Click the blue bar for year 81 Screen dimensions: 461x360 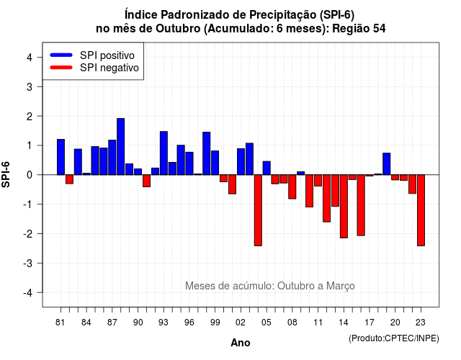tap(61, 157)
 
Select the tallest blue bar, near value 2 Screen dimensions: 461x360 tap(121, 147)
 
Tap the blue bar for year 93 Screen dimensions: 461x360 tap(164, 153)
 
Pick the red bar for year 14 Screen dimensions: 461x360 tap(344, 207)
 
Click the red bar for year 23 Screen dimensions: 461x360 tap(421, 210)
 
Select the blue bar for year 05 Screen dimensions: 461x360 tap(267, 168)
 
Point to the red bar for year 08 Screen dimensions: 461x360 tap(292, 187)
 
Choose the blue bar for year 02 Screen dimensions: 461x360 tap(241, 161)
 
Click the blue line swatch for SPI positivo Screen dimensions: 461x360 tap(61, 55)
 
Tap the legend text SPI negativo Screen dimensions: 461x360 tap(109, 68)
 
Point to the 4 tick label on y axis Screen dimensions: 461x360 tap(30, 58)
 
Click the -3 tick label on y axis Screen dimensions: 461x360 tap(28, 263)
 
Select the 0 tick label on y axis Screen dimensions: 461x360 tap(30, 175)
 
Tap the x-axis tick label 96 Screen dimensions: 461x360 tap(189, 323)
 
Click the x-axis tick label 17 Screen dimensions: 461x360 tap(370, 323)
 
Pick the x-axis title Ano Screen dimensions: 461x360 tap(241, 343)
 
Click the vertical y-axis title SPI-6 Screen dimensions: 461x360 tap(6, 174)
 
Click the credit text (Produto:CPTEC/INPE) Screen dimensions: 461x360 tap(394, 338)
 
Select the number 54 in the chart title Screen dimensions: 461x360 tap(380, 29)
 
